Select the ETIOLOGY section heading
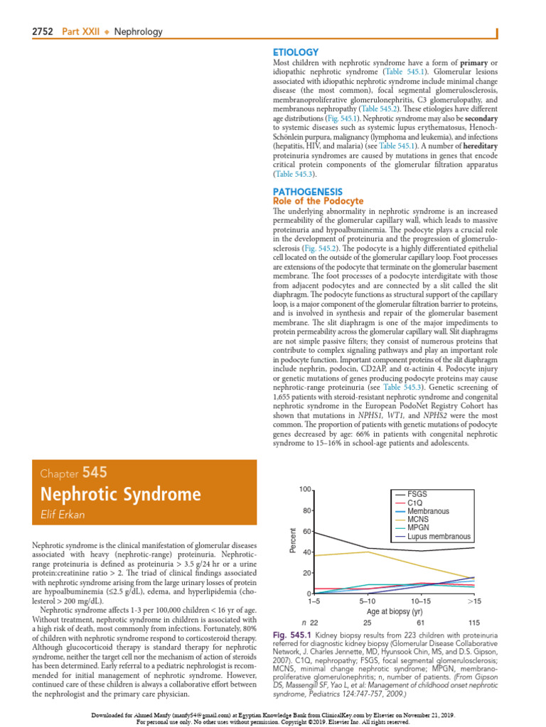coord(296,52)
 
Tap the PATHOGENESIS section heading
coord(308,192)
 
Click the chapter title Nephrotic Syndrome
coord(121,494)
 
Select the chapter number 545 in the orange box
coord(96,472)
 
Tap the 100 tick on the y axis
coord(304,490)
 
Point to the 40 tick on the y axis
coord(306,552)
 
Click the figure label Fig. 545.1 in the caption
coord(291,633)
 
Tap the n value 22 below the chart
coord(314,623)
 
